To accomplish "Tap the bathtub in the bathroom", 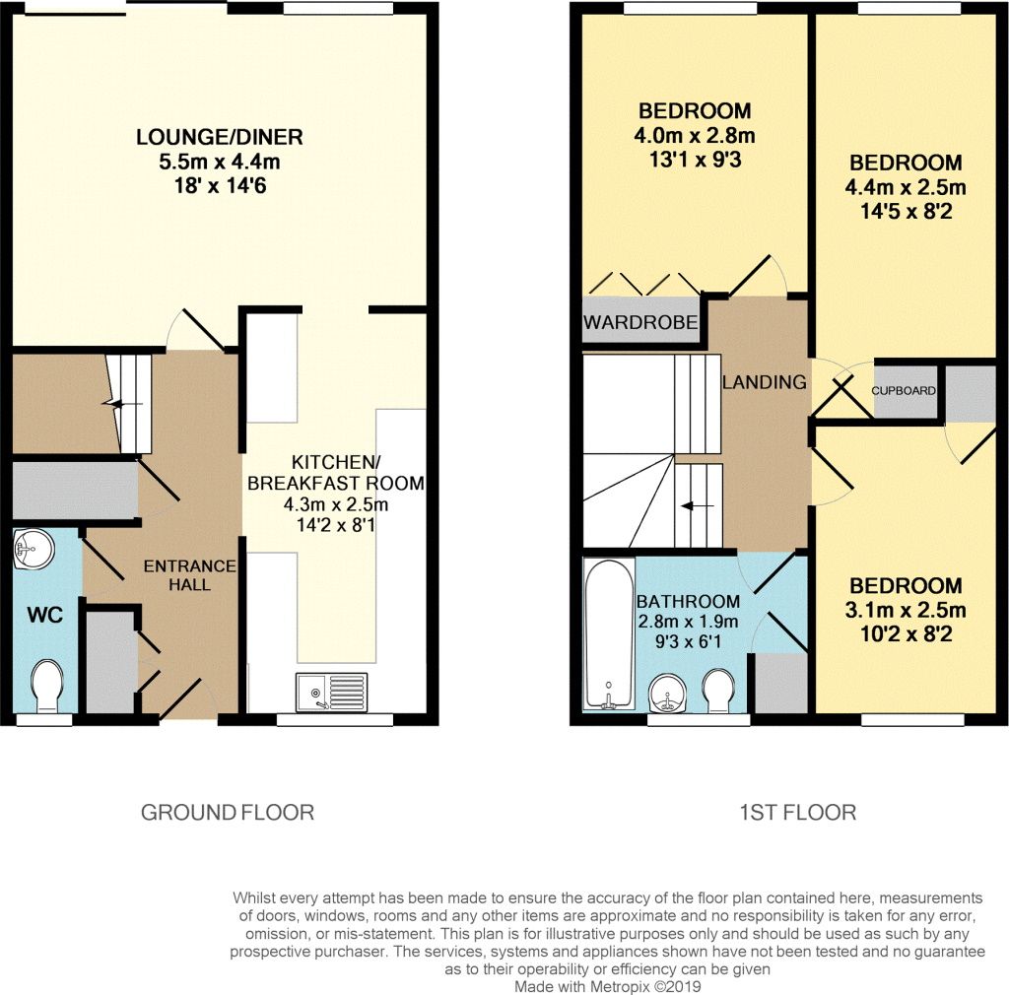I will [x=607, y=634].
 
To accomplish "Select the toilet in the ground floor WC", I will [x=45, y=686].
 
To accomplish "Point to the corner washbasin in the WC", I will [x=32, y=551].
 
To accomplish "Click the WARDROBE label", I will [x=640, y=322].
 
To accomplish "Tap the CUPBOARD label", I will [x=904, y=390].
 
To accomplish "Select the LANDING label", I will [x=765, y=382].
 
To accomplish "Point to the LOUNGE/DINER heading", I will [x=219, y=137].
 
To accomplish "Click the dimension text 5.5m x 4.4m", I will [x=219, y=161].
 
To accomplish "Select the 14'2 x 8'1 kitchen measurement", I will [x=336, y=526].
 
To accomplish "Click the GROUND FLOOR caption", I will [x=228, y=813].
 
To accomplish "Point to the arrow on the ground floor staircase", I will [x=120, y=403].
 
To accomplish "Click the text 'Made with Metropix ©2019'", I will [x=606, y=985].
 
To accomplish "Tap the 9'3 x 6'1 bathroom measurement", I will [x=687, y=641].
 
